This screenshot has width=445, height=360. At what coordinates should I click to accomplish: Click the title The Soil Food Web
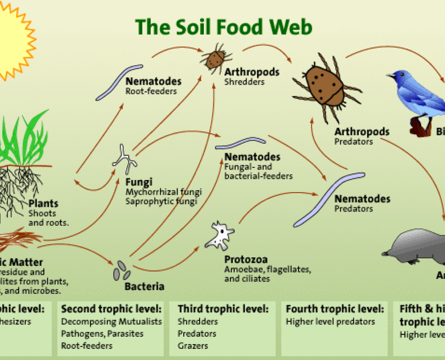click(223, 27)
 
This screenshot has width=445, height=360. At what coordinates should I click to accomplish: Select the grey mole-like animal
click(416, 249)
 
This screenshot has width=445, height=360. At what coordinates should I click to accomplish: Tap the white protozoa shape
click(220, 236)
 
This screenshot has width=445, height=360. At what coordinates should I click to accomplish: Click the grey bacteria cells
click(123, 270)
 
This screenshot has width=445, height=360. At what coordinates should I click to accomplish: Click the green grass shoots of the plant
click(26, 139)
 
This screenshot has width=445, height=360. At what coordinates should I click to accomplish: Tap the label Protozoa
click(246, 259)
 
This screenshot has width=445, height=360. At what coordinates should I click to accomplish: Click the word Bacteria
click(144, 287)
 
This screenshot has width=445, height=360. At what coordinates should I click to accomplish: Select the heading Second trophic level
click(111, 308)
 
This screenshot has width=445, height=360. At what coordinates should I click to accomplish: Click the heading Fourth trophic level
click(335, 308)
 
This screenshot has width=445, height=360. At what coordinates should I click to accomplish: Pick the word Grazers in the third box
click(193, 346)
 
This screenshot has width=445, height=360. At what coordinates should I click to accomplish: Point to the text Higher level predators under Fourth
click(330, 321)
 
